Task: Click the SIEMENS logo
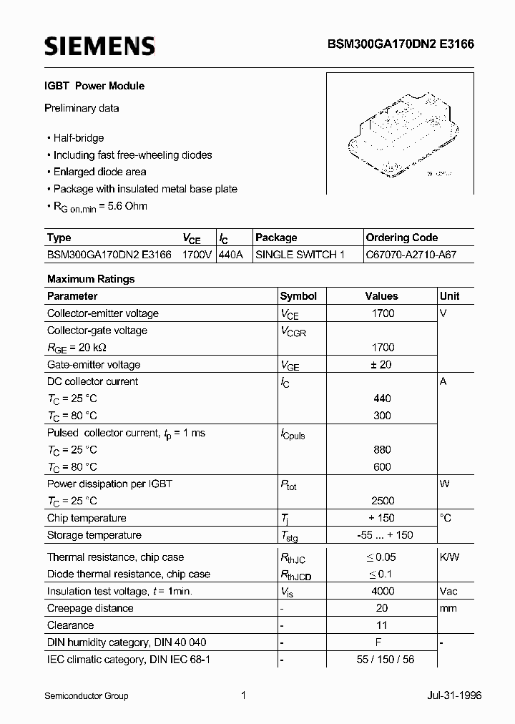pos(99,47)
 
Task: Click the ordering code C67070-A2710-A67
pos(411,255)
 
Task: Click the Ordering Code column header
pos(402,238)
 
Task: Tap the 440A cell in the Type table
pos(231,255)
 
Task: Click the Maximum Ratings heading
pos(91,279)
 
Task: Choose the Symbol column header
pos(298,296)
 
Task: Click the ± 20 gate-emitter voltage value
pos(382,365)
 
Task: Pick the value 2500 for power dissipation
pos(382,501)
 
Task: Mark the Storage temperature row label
pos(94,535)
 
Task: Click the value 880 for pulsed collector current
pos(382,450)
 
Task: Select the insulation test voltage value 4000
pos(382,592)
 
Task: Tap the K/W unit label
pos(450,557)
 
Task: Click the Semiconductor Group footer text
pos(87,695)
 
